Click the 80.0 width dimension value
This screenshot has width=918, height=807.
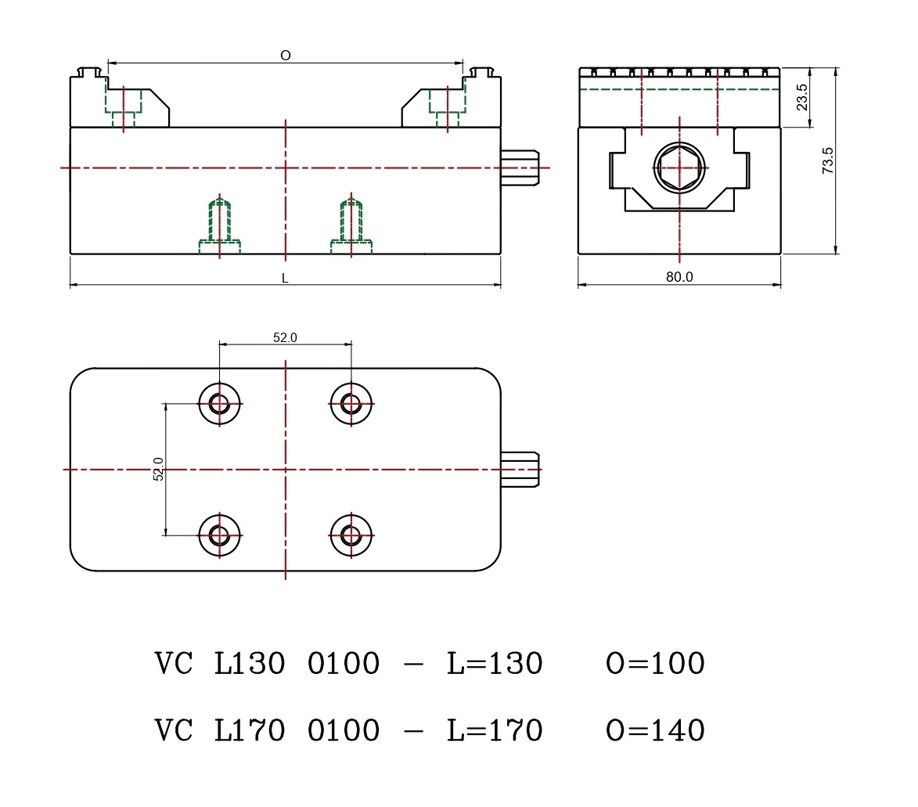[x=679, y=277]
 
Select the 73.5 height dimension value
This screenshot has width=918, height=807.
[x=828, y=160]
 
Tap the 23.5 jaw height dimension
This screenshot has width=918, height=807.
[x=802, y=97]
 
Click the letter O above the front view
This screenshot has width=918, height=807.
[x=286, y=56]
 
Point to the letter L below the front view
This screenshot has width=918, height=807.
[x=285, y=278]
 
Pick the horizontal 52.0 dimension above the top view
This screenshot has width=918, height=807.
[x=285, y=337]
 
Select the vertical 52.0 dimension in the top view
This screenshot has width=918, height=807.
[x=158, y=469]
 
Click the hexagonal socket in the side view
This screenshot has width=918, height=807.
[x=679, y=168]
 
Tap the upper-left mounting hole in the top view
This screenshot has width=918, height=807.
[x=219, y=404]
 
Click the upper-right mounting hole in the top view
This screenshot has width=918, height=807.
[x=351, y=404]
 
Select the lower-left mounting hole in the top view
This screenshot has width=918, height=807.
[x=219, y=535]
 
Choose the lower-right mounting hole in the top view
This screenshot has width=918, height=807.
[x=351, y=535]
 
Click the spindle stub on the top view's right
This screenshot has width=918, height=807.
[x=520, y=469]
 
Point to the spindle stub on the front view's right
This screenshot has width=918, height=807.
[x=520, y=168]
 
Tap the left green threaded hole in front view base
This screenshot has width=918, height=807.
[x=220, y=223]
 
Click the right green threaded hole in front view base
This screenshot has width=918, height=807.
[x=351, y=223]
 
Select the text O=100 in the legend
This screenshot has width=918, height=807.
[x=655, y=664]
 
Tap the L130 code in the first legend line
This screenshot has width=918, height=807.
[x=250, y=664]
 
